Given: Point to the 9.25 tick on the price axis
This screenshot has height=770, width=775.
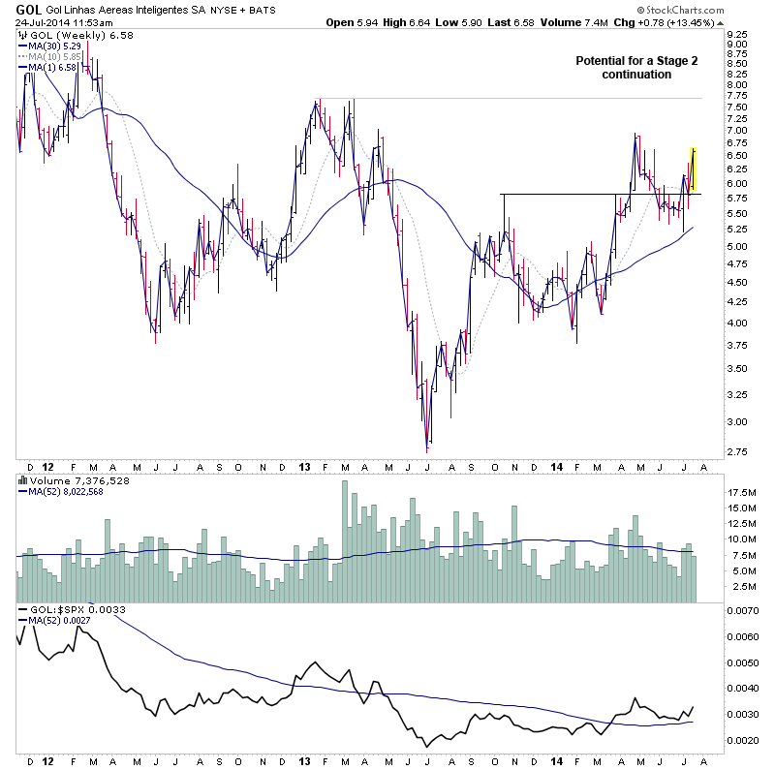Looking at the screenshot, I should tap(738, 33).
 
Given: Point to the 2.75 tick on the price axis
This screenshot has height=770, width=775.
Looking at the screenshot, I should tap(738, 451).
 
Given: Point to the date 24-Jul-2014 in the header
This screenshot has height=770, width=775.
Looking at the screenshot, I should tap(41, 22).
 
